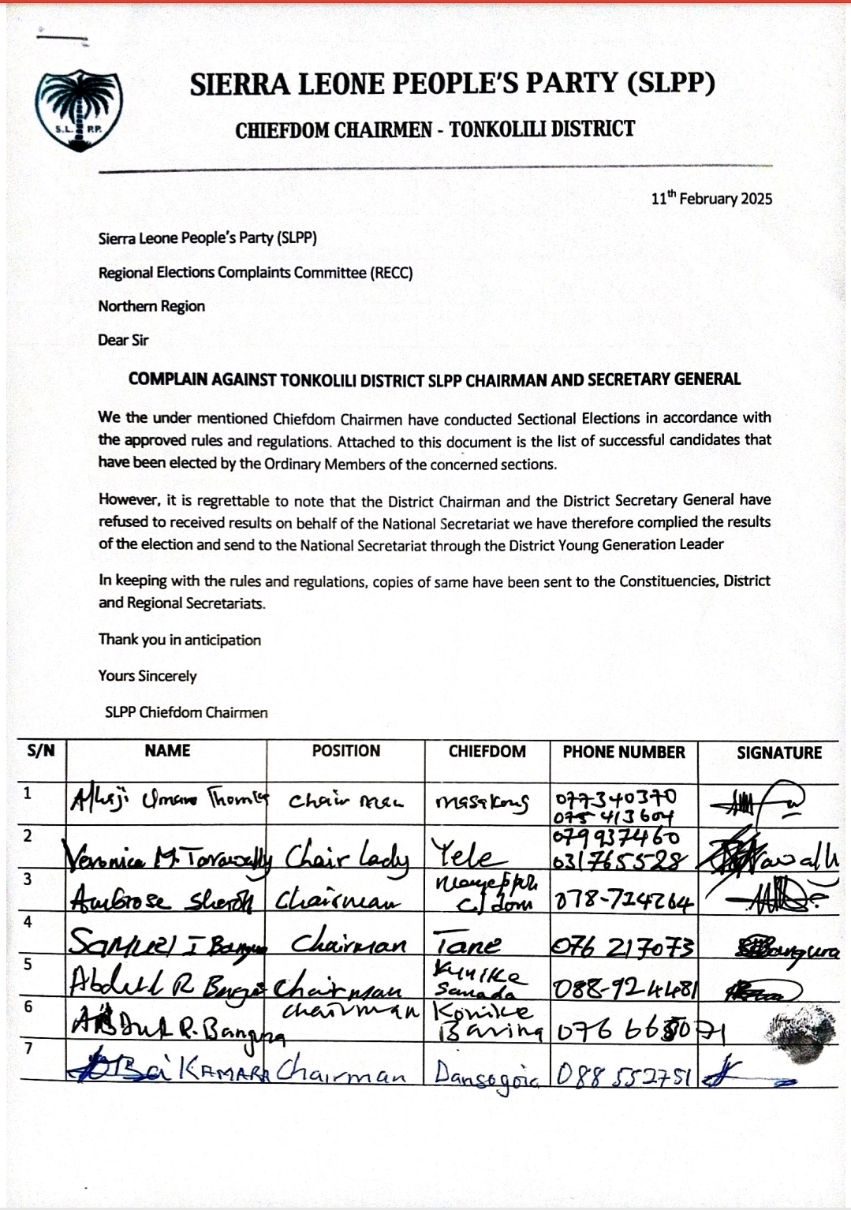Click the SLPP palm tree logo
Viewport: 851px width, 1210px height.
78,110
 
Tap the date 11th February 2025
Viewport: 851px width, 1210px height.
711,198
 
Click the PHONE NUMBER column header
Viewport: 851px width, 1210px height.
623,753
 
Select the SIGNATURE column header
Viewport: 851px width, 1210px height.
778,753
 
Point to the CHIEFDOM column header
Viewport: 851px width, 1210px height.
487,752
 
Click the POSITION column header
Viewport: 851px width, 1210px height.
345,751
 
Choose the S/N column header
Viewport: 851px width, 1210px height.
41,751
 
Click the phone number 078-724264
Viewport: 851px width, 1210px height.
624,900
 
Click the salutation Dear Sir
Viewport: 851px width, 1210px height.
123,341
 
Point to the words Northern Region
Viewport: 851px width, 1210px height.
151,306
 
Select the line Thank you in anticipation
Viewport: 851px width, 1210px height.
179,640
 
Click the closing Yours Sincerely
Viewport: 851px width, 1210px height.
147,676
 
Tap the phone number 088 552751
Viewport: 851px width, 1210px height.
623,1074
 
